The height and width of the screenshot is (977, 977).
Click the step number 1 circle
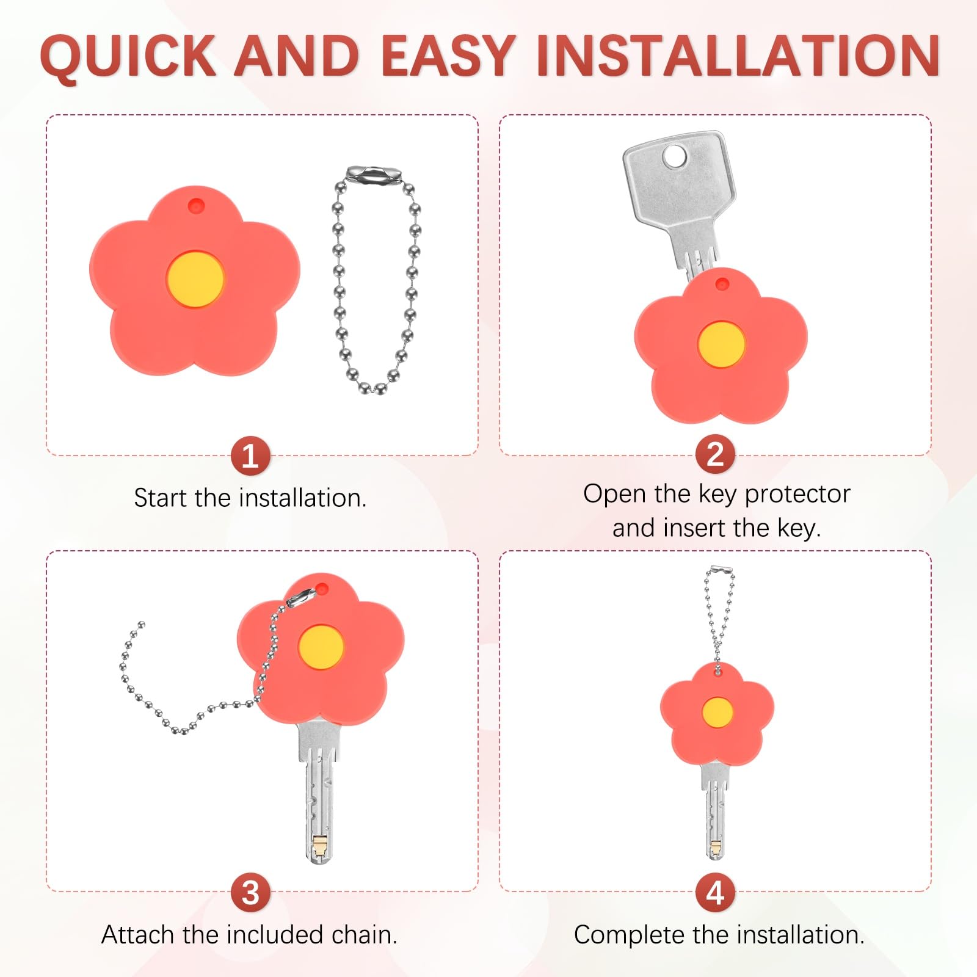[x=250, y=456]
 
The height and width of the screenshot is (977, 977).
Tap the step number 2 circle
[x=715, y=455]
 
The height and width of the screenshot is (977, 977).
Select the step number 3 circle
[x=250, y=893]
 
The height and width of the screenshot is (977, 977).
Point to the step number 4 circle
[x=715, y=893]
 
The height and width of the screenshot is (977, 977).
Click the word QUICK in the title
[x=128, y=56]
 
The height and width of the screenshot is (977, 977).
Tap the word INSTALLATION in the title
[x=738, y=56]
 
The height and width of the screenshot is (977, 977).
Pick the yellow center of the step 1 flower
[x=195, y=279]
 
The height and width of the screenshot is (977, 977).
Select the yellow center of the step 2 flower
[x=721, y=344]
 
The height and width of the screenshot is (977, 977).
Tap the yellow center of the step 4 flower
[x=717, y=713]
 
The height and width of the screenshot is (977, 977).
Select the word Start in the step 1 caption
[x=160, y=498]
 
